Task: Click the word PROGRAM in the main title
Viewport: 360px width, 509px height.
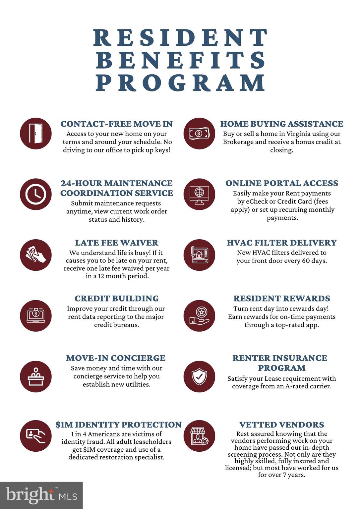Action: pos(180,83)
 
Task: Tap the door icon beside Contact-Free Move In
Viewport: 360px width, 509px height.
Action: pos(36,134)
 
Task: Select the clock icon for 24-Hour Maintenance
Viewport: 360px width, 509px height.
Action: pos(36,194)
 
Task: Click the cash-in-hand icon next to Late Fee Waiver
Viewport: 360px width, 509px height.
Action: pos(36,255)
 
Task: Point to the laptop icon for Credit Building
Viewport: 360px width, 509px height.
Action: pos(36,315)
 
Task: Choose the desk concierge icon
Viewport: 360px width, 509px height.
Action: pos(36,376)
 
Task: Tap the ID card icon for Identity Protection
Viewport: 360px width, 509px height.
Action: pos(36,436)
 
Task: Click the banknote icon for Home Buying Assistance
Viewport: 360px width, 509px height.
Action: pos(199,134)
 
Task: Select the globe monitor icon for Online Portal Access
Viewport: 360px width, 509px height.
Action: pos(199,194)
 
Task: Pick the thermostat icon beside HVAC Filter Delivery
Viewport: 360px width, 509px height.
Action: pos(199,255)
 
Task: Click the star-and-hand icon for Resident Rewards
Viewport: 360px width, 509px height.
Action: pos(199,315)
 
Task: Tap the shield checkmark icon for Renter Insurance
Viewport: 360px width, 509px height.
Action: pos(199,376)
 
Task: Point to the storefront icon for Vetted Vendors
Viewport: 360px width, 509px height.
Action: pos(199,436)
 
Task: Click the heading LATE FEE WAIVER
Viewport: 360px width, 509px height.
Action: pos(116,243)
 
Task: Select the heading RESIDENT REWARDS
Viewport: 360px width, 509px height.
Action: pos(281,299)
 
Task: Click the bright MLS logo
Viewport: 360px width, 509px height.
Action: pos(41,495)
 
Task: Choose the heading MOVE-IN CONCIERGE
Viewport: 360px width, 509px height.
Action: pos(116,358)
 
